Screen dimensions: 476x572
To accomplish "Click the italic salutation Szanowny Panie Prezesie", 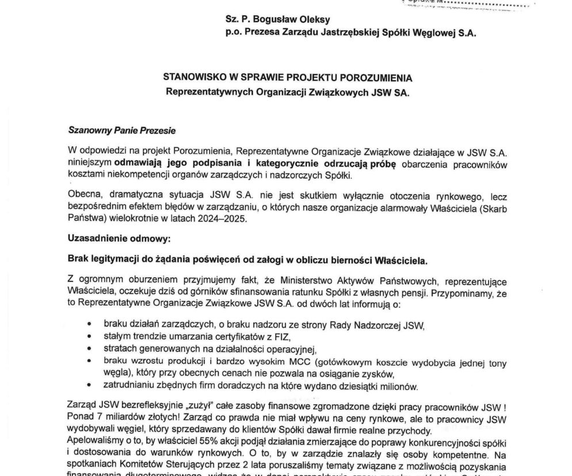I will (x=121, y=130).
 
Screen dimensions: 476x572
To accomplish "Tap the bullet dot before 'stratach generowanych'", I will (x=89, y=349).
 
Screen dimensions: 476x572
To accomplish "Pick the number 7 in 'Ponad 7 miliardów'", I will (x=95, y=419).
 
